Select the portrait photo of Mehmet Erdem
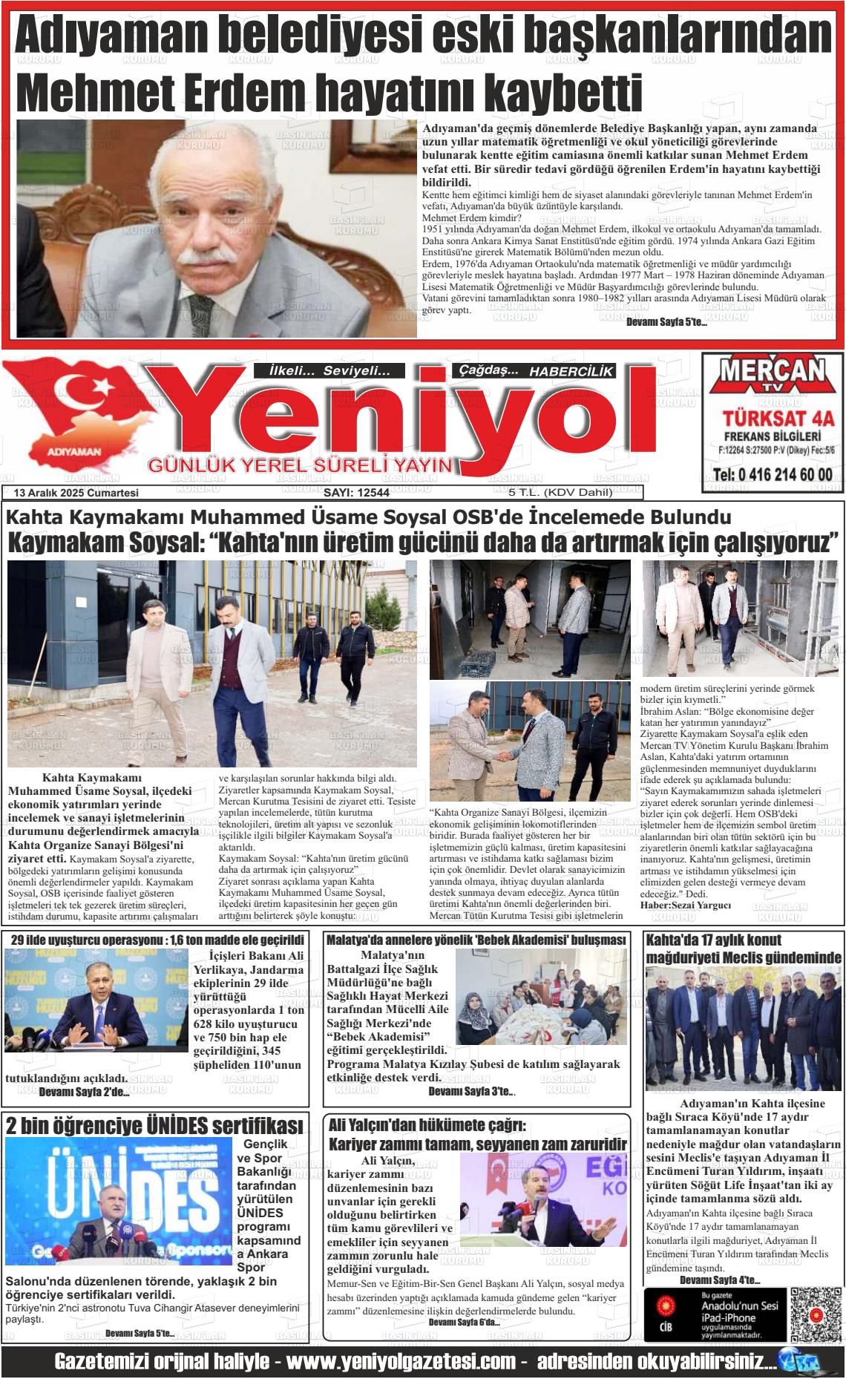[x=217, y=229]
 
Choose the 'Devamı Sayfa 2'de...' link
[x=84, y=1092]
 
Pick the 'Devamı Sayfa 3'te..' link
[x=472, y=1091]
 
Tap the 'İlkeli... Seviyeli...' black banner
[x=329, y=371]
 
